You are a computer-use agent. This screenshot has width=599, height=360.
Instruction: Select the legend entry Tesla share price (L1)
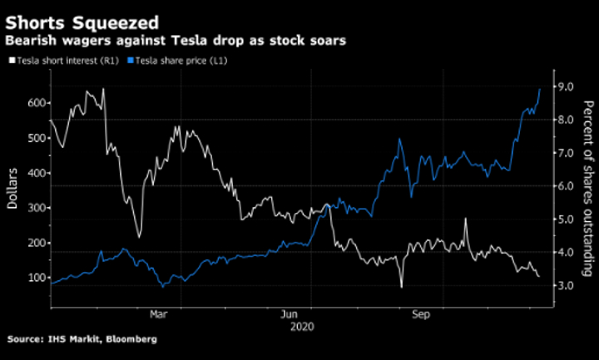tap(178, 60)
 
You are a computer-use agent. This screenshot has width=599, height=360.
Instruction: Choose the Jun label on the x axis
tap(290, 315)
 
